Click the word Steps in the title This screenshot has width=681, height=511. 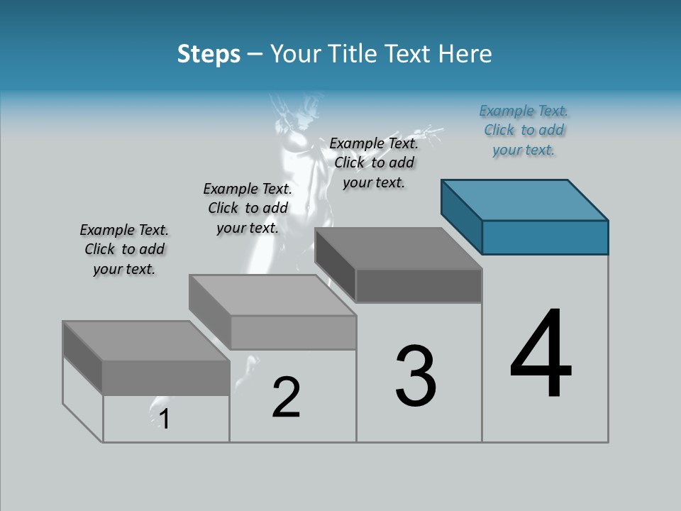tap(209, 54)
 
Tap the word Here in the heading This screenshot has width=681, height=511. tap(465, 54)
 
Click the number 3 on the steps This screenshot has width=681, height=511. tap(416, 376)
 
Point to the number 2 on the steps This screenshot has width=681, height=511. tap(286, 397)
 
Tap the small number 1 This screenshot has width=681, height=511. tap(165, 419)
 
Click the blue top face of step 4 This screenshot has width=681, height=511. tap(525, 200)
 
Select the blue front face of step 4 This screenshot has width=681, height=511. tap(545, 237)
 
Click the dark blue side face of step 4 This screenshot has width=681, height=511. tap(461, 217)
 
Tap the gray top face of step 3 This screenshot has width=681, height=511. tap(399, 248)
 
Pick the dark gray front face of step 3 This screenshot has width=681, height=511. tap(419, 285)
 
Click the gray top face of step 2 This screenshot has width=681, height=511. tap(272, 295)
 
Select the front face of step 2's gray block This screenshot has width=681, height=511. tap(293, 332)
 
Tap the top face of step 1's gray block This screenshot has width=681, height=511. tap(146, 341)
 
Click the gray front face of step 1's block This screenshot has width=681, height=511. tap(166, 378)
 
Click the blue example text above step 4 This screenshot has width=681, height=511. tap(524, 131)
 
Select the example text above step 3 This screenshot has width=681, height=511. tap(374, 163)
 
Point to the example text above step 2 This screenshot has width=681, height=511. tap(248, 208)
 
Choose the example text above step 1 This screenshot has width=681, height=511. tap(124, 249)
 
